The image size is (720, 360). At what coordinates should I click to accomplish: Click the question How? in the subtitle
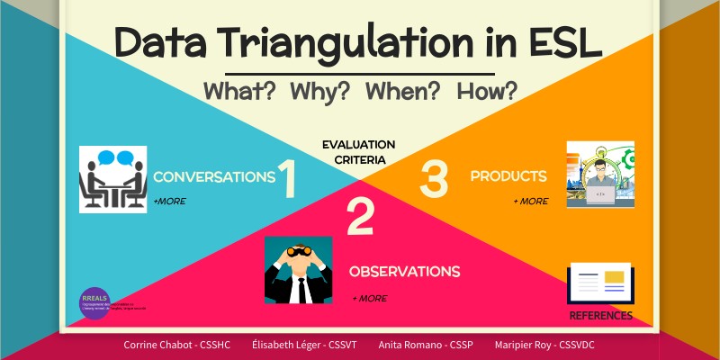[487, 91]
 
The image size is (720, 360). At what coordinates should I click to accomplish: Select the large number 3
[434, 178]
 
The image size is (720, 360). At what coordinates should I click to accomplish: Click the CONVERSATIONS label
[213, 177]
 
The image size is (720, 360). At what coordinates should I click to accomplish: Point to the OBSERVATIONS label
[404, 271]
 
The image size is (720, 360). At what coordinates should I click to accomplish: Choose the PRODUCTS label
[508, 176]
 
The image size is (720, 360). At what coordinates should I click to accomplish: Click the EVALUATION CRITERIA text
[359, 152]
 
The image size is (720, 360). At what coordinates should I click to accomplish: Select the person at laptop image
[600, 174]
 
